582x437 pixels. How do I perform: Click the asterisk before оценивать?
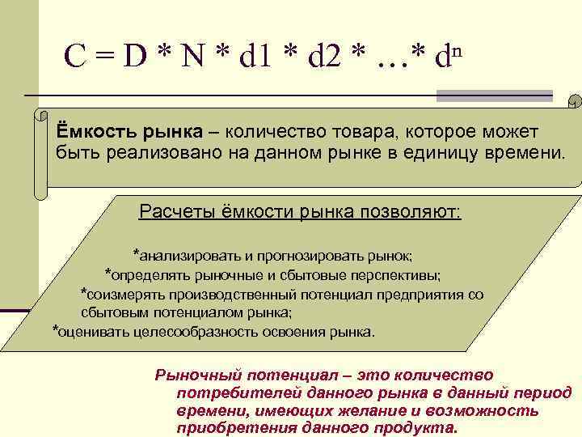tap(54, 330)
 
